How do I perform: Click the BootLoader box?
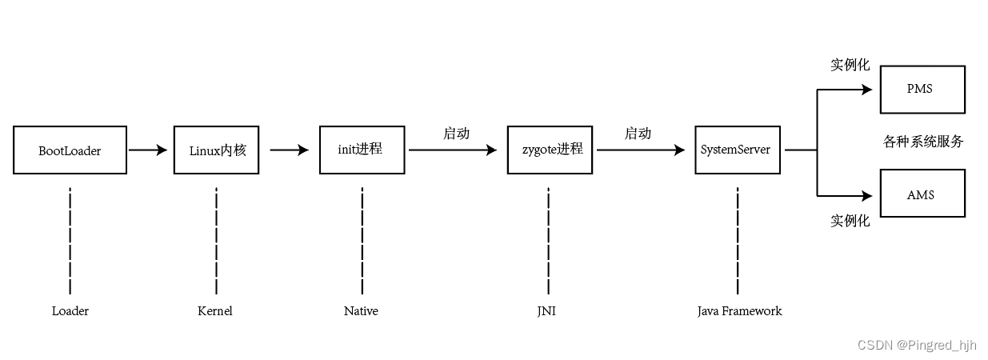pos(70,150)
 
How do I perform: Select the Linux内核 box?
pos(216,150)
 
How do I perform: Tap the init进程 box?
pos(362,150)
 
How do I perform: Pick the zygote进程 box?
pos(550,150)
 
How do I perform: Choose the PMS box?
pos(922,90)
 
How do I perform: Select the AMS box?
pos(922,194)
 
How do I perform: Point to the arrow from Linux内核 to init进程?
pos(289,150)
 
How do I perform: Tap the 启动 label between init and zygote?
pos(456,134)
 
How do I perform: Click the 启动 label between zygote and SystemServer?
pos(638,134)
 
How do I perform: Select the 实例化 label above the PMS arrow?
pos(850,66)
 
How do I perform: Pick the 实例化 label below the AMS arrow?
pos(850,221)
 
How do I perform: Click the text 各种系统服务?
pos(923,142)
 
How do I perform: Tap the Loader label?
pos(70,311)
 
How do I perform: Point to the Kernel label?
pos(215,311)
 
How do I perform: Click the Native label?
pos(361,311)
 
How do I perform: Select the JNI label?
pos(546,311)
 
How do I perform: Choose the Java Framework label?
pos(739,311)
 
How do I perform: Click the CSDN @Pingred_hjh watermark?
pos(917,345)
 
